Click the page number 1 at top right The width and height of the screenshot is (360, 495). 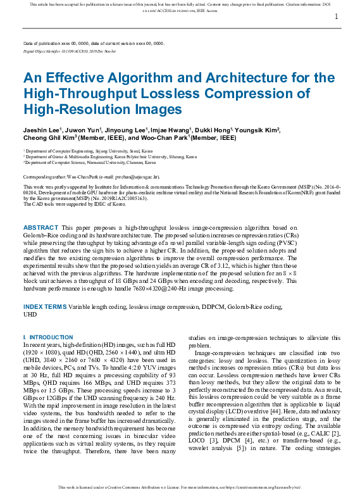336,17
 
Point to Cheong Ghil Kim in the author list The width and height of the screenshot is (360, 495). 49,137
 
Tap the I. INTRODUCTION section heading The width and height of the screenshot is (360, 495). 47,337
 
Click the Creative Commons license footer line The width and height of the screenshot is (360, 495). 180,487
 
